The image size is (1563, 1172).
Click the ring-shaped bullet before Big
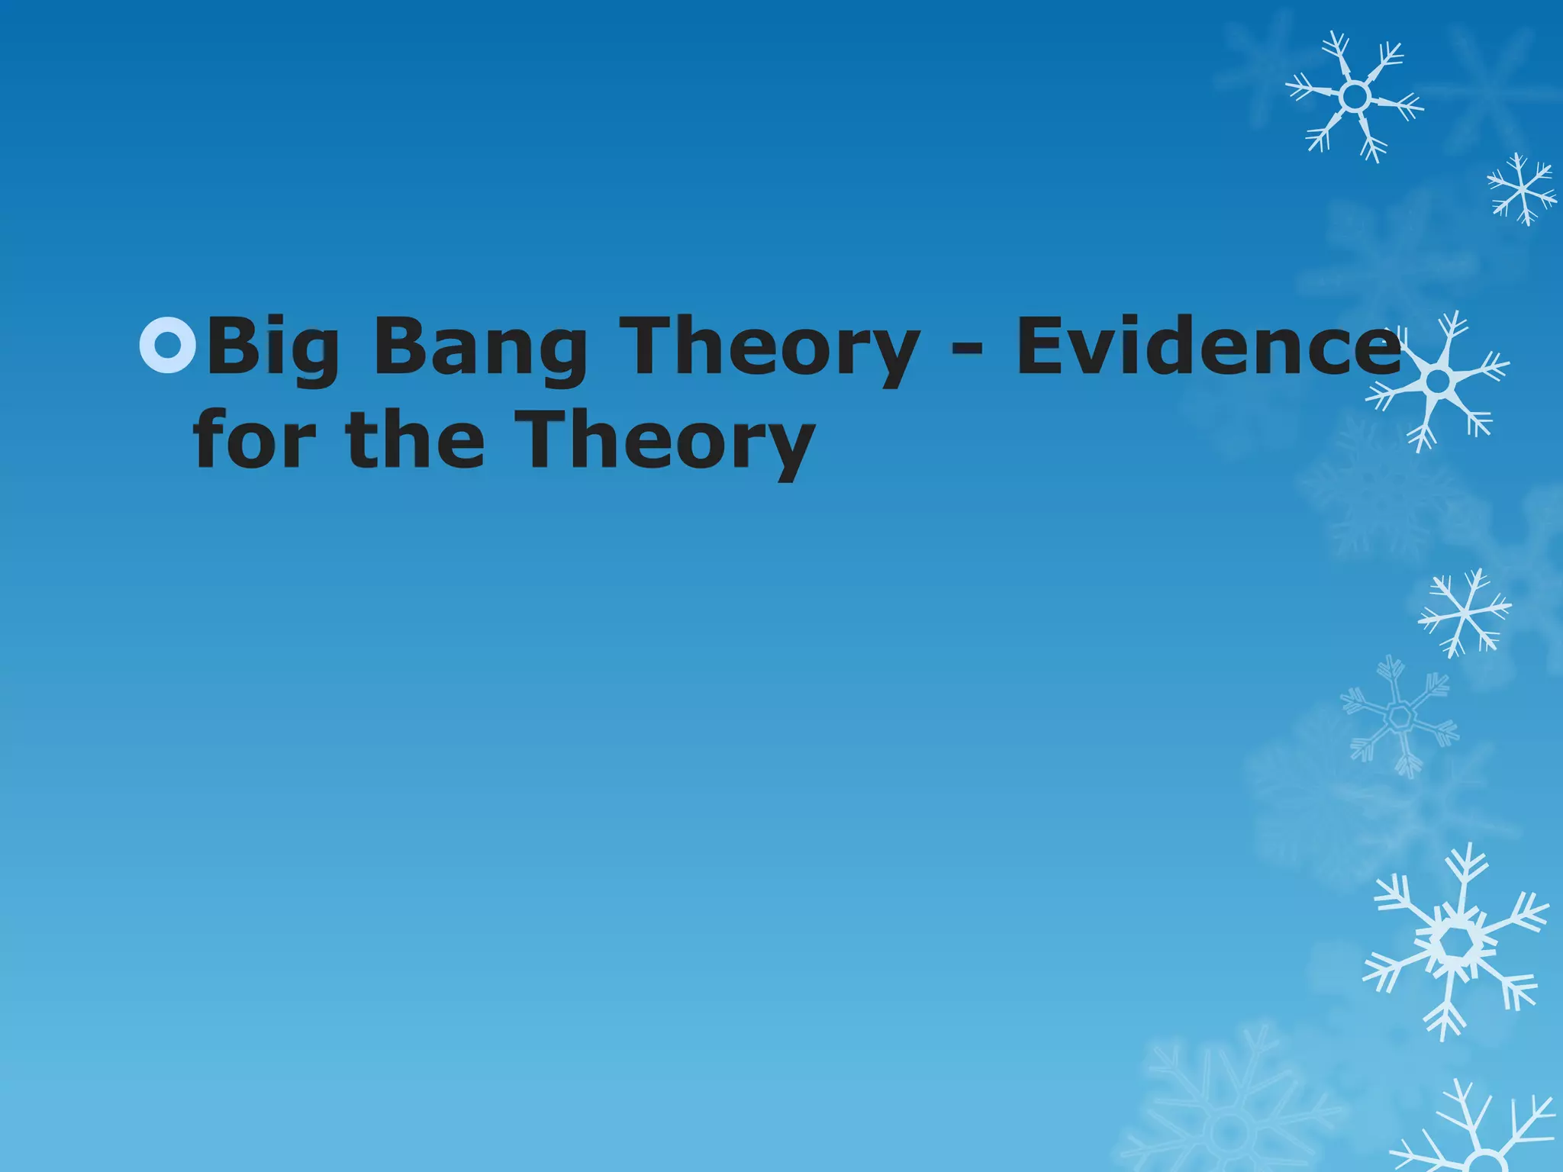click(168, 346)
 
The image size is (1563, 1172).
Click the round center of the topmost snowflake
click(1355, 97)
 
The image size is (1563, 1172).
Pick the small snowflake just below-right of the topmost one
click(1522, 188)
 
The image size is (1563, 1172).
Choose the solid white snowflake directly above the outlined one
click(1464, 613)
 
